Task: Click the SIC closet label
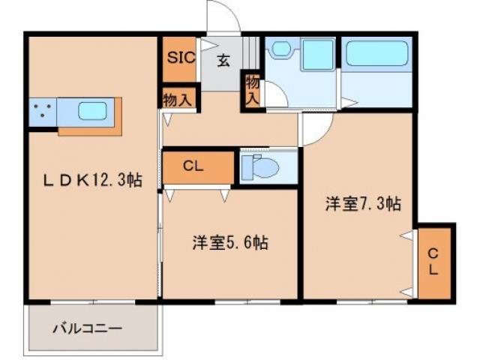pyautogui.click(x=180, y=56)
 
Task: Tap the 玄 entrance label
pyautogui.click(x=223, y=61)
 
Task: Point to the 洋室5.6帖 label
pyautogui.click(x=230, y=242)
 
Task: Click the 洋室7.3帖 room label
pyautogui.click(x=361, y=203)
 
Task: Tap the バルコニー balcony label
pyautogui.click(x=87, y=328)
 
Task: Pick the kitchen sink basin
pyautogui.click(x=94, y=112)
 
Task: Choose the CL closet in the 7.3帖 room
pyautogui.click(x=434, y=260)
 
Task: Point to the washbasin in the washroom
pyautogui.click(x=281, y=49)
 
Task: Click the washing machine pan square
pyautogui.click(x=318, y=54)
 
